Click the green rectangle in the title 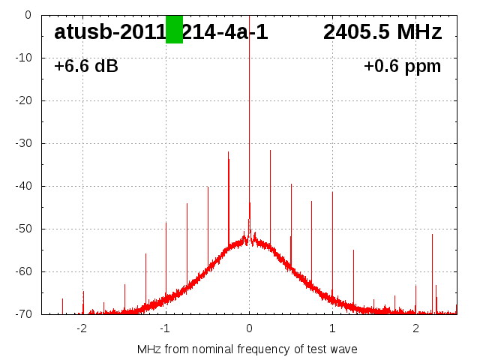(174, 29)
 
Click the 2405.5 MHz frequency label (382, 32)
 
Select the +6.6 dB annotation (86, 67)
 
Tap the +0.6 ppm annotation (402, 67)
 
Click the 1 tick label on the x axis (332, 328)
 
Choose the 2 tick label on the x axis (415, 328)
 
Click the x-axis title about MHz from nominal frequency (247, 349)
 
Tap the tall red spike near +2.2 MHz (432, 270)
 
